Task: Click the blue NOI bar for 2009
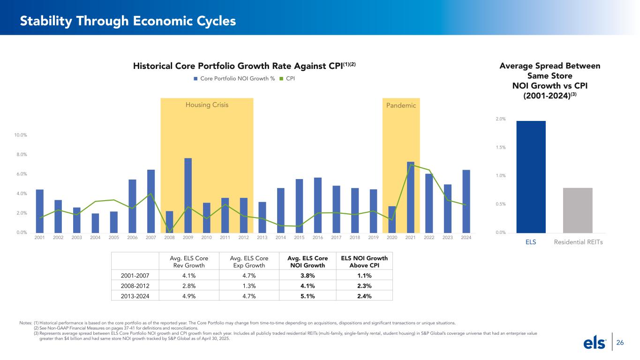(188, 195)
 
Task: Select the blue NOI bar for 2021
(410, 197)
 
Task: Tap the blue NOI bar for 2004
(95, 223)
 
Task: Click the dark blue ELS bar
(531, 177)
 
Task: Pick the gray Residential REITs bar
(578, 210)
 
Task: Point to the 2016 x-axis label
(318, 238)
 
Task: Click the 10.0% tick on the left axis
(20, 135)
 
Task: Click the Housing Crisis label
(207, 105)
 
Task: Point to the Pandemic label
(401, 105)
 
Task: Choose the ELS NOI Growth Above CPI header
(364, 262)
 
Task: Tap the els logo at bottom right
(595, 343)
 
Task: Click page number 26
(620, 343)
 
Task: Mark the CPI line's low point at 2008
(169, 232)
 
